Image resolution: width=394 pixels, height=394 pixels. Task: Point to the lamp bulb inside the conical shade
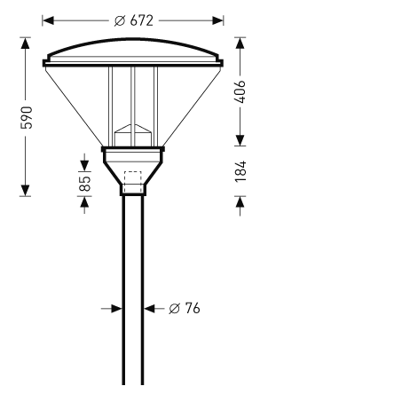pos(133,111)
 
